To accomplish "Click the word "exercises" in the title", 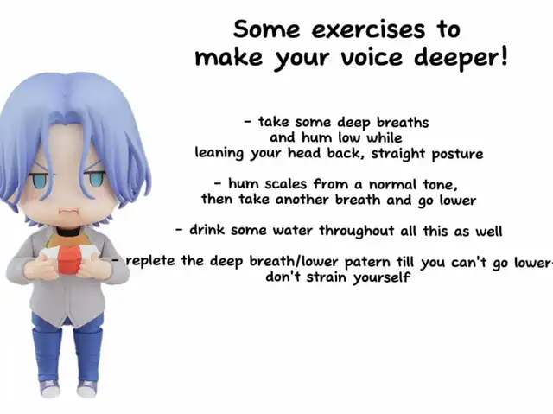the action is [x=368, y=29].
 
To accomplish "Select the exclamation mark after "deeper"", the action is [x=504, y=55].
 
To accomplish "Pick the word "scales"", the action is [x=286, y=184].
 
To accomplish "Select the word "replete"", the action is [x=150, y=261].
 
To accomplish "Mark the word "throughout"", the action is [x=357, y=231].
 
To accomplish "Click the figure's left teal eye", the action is [x=41, y=180].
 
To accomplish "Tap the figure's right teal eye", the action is [x=95, y=177].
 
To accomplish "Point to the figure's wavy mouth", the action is [x=68, y=211].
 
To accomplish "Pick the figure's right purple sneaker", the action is [x=86, y=389].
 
